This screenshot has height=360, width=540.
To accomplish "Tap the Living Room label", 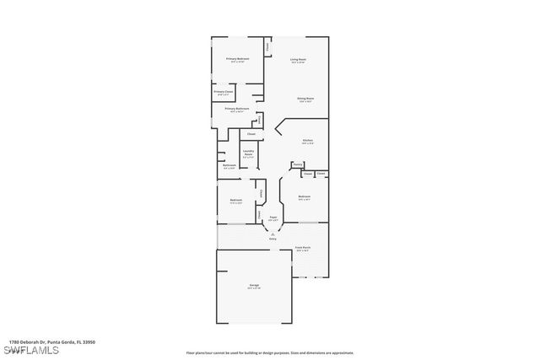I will coord(298,59).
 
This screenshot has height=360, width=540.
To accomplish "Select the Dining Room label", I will coord(305,99).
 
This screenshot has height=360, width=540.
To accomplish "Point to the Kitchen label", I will coord(308,140).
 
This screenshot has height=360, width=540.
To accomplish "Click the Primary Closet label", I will coord(223,92).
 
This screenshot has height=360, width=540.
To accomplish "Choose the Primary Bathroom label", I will coord(235,109).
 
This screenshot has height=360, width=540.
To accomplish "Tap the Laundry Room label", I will coord(248,153).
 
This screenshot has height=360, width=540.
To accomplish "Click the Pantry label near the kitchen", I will coord(298,164).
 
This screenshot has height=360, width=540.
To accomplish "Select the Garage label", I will coord(254,286).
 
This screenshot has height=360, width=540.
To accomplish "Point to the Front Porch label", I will coord(302,248).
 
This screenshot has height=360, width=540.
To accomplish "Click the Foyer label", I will coord(273,218).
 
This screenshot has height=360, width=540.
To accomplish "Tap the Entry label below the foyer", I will coord(273,239).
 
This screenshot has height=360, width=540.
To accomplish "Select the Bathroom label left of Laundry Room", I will coord(229,166).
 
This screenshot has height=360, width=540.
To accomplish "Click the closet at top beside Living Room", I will coord(268,47).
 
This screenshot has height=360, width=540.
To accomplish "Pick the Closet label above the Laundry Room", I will coord(251,134).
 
